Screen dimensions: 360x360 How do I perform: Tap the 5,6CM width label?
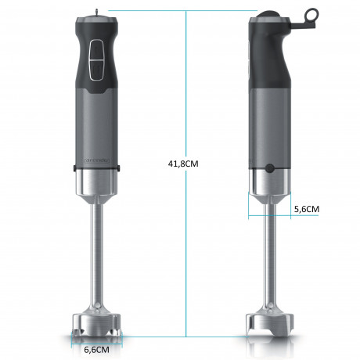(306, 209)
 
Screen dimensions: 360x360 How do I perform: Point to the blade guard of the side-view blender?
(269, 324)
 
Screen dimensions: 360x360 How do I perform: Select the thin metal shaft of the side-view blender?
(270, 258)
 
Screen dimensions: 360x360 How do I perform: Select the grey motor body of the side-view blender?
(270, 125)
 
